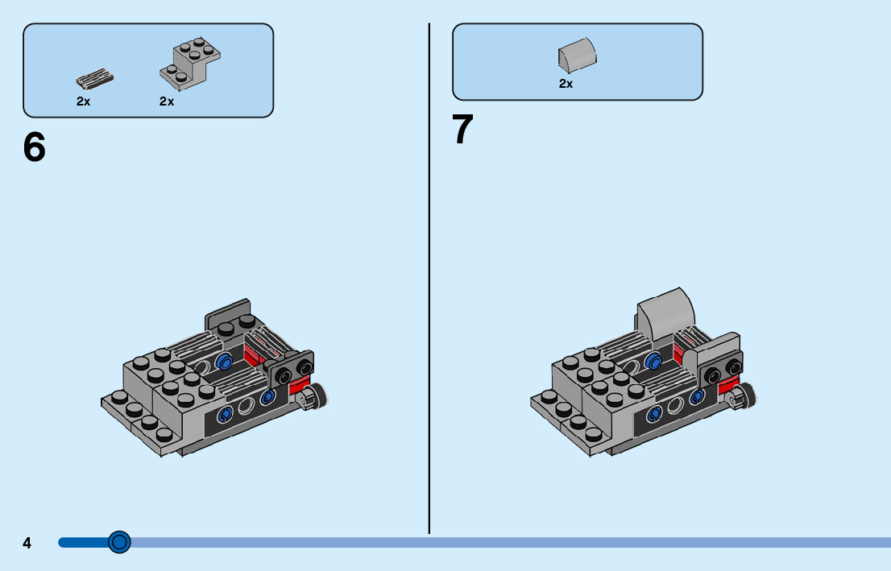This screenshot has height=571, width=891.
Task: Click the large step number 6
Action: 35,147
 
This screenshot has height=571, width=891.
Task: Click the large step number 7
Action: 462,130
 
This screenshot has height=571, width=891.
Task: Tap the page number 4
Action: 27,544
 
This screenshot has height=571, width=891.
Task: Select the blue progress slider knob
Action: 119,542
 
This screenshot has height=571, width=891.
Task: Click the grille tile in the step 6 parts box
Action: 94,79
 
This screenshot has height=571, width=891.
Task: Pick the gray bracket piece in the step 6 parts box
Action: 190,62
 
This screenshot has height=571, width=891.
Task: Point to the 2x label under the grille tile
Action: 84,101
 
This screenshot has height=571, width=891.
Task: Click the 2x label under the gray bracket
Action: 167,101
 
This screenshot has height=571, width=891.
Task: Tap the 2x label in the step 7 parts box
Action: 566,83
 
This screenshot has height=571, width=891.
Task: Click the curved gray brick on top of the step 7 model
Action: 665,311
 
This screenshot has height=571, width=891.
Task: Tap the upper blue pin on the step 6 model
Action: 225,362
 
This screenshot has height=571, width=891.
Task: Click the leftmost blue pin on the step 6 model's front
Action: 226,414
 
